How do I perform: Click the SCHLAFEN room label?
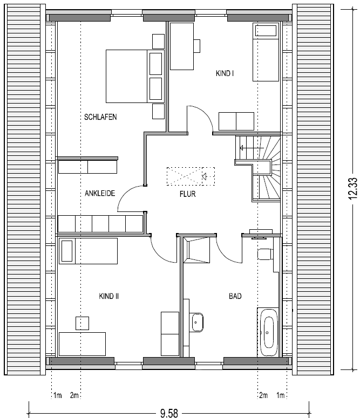[100, 117]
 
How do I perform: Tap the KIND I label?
[225, 73]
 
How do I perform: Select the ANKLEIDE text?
[100, 193]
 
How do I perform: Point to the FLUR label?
[188, 194]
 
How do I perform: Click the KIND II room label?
[108, 296]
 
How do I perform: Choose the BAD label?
[235, 296]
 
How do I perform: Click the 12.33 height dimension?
[352, 188]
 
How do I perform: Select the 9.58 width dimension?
[169, 413]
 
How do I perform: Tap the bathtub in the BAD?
[268, 332]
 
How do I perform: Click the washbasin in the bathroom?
[197, 323]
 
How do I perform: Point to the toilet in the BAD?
[265, 254]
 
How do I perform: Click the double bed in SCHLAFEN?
[135, 76]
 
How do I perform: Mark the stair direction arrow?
[252, 148]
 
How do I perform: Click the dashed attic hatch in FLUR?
[191, 176]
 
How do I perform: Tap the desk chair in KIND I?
[197, 46]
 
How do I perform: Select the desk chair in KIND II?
[82, 324]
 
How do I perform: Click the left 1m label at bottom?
[57, 395]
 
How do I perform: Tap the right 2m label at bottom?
[263, 395]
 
